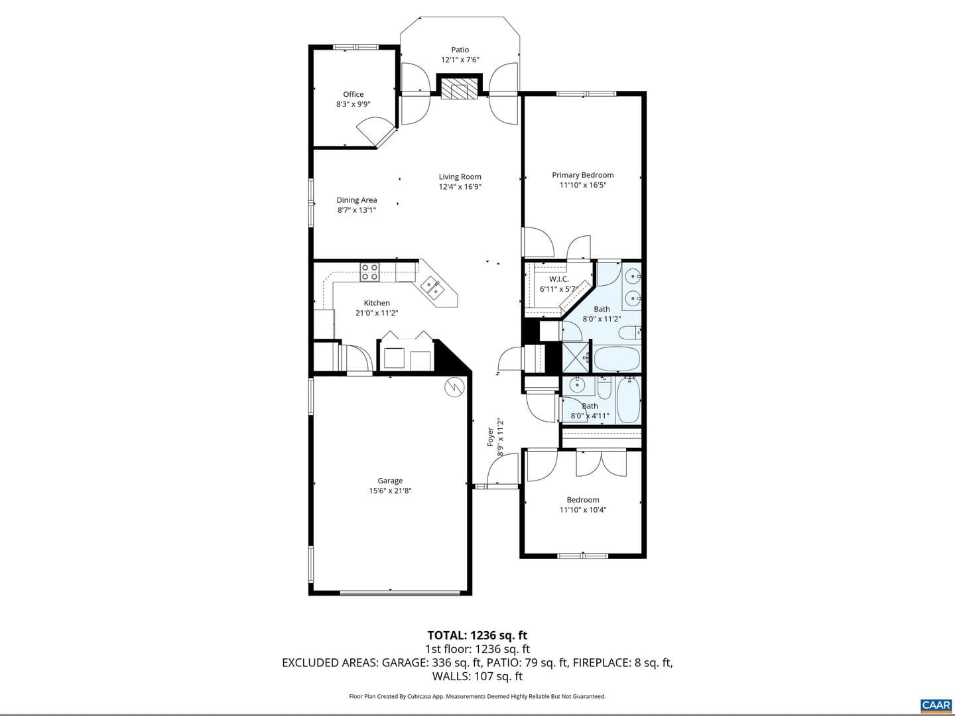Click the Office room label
pyautogui.click(x=353, y=94)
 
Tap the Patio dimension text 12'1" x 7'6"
pyautogui.click(x=460, y=60)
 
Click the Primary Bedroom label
pyautogui.click(x=582, y=175)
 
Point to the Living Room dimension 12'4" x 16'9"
pyautogui.click(x=460, y=187)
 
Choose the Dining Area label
pyautogui.click(x=356, y=200)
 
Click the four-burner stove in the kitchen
pyautogui.click(x=369, y=272)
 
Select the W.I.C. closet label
pyautogui.click(x=558, y=279)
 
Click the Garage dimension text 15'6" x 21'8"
pyautogui.click(x=390, y=491)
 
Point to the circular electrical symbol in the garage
pyautogui.click(x=455, y=387)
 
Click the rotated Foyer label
pyautogui.click(x=490, y=436)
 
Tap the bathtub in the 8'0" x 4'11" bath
pyautogui.click(x=629, y=400)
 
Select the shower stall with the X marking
pyautogui.click(x=576, y=357)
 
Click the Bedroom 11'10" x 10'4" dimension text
pyautogui.click(x=582, y=510)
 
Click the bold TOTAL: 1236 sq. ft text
pyautogui.click(x=477, y=635)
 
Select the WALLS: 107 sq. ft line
pyautogui.click(x=477, y=676)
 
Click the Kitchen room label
pyautogui.click(x=377, y=303)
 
